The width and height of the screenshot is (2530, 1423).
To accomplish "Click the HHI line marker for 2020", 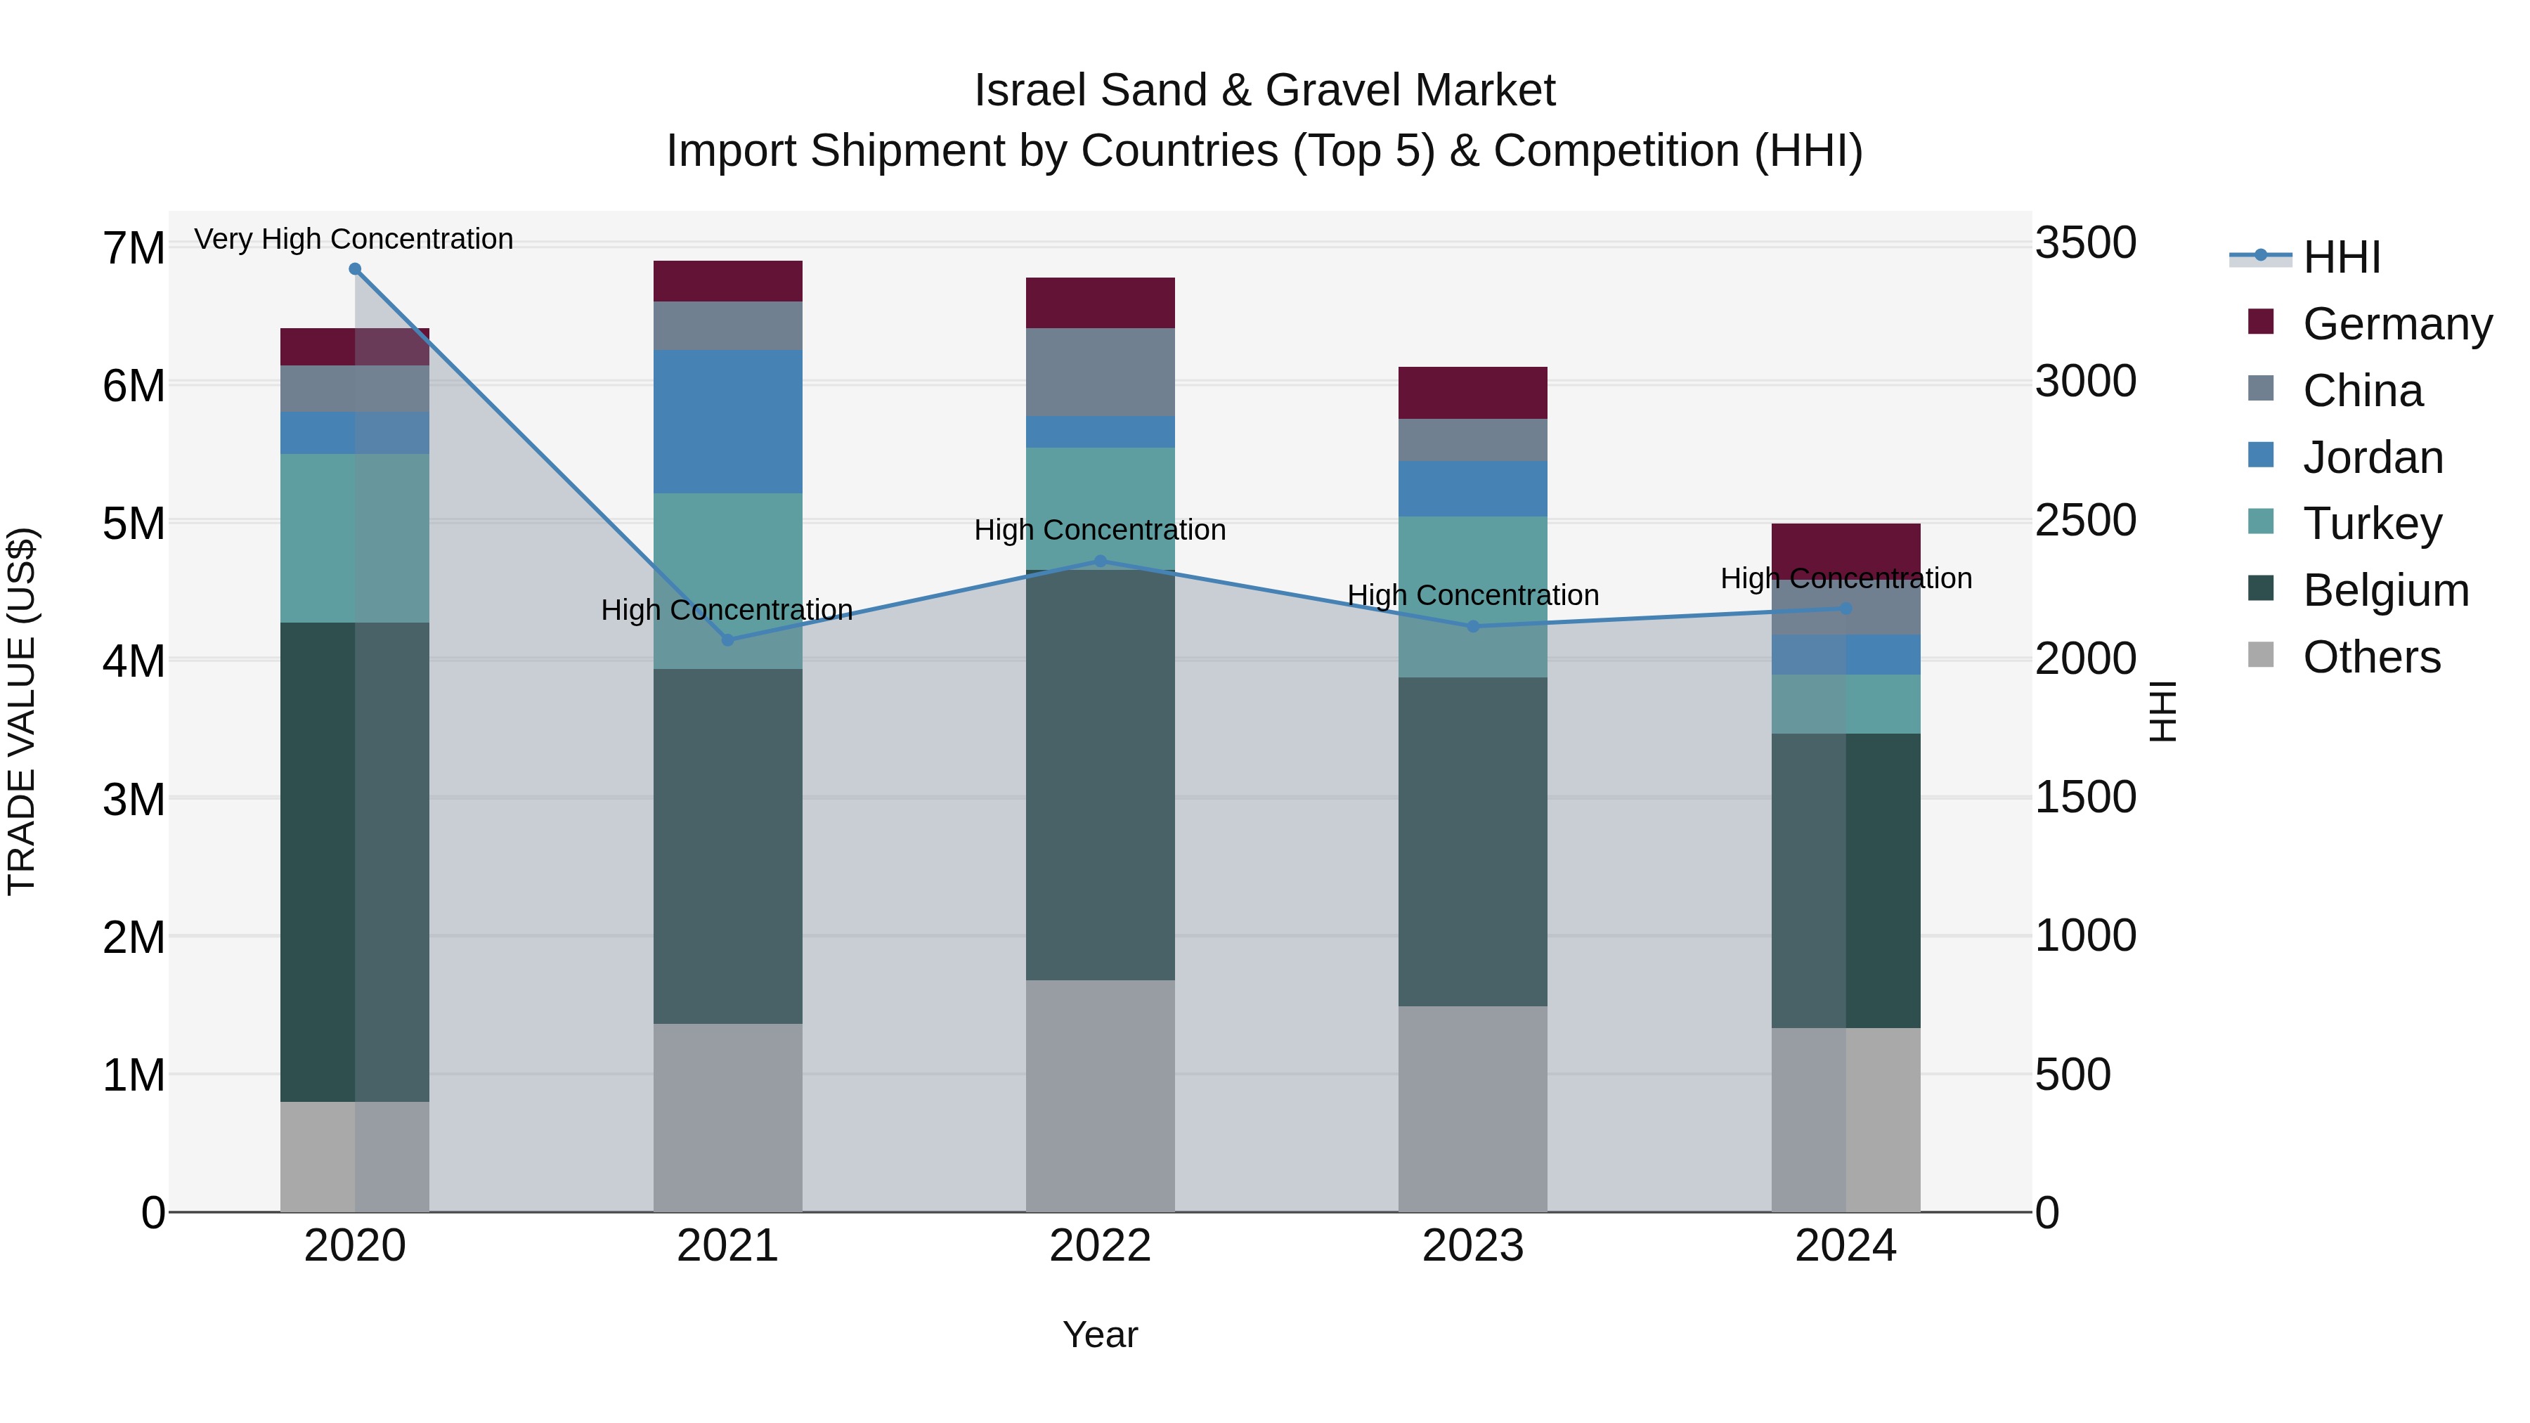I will tap(355, 269).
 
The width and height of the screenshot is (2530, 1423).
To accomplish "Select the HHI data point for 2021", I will tap(728, 640).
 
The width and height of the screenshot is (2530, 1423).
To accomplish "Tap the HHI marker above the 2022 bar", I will tap(1100, 561).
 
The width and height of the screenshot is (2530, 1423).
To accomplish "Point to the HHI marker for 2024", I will tap(1845, 609).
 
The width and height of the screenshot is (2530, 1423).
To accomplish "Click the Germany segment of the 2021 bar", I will tap(728, 281).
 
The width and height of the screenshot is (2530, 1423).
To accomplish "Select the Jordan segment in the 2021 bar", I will tap(728, 422).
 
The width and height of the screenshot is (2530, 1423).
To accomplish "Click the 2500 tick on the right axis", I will tap(2084, 521).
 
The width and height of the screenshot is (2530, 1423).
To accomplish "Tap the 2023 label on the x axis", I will tap(1472, 1246).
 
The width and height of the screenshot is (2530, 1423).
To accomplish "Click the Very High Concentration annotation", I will tap(353, 239).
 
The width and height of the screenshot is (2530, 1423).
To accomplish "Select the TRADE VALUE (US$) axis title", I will tap(22, 711).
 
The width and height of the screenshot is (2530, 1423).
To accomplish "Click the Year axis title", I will tap(1100, 1334).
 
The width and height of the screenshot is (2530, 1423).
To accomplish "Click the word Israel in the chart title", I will tap(1030, 91).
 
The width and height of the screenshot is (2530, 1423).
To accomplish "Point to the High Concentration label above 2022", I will tap(1100, 531).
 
